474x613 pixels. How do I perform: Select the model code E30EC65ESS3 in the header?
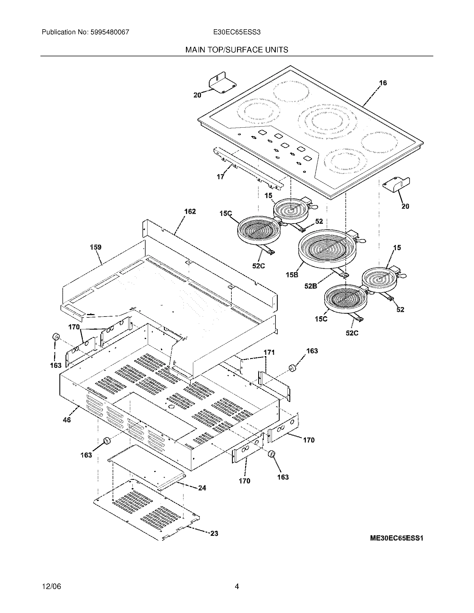(237, 32)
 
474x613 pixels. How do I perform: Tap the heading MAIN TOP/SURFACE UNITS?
(237, 50)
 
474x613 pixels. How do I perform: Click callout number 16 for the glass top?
(383, 83)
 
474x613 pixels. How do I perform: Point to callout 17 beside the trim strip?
(221, 177)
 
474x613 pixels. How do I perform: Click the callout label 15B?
(292, 275)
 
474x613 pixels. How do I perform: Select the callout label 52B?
(311, 286)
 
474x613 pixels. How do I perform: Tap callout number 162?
(190, 211)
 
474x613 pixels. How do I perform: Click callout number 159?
(95, 247)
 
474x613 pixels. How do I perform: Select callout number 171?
(269, 352)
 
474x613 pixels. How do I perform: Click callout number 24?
(202, 488)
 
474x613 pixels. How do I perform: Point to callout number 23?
(214, 533)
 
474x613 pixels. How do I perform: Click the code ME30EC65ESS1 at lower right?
(396, 538)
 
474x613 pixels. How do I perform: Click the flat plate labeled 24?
(146, 467)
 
